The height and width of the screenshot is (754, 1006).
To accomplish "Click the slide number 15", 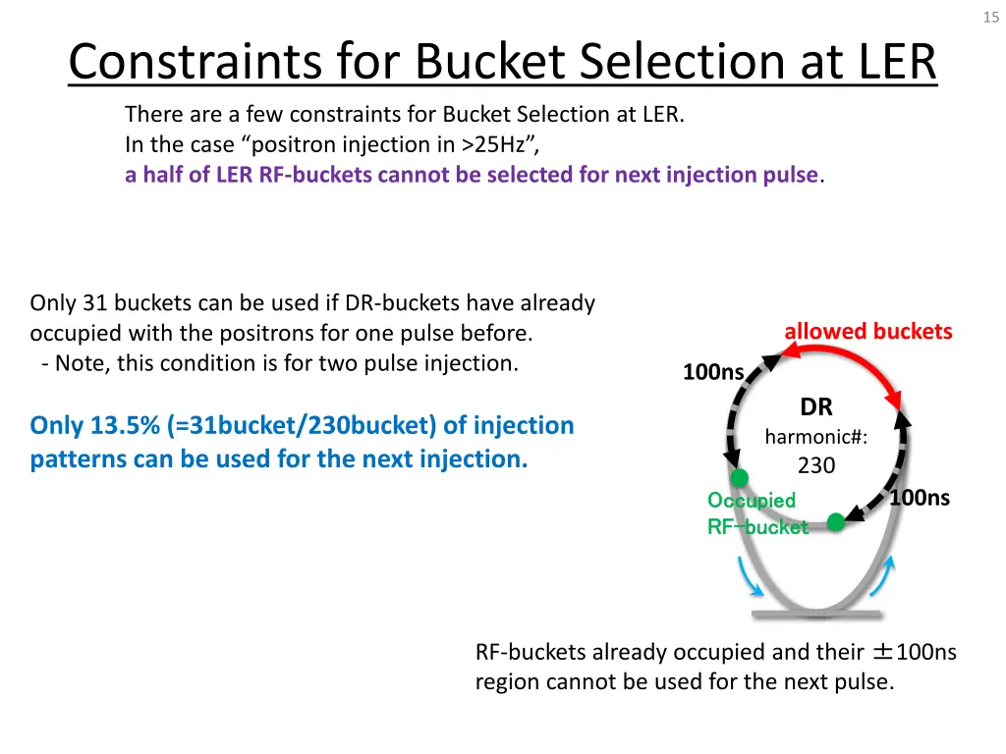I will point(989,17).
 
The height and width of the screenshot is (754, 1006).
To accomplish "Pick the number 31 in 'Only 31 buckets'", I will point(93,303).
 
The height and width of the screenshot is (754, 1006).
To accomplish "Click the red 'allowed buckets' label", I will point(868,332).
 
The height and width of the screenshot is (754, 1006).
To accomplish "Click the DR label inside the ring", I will point(816,407).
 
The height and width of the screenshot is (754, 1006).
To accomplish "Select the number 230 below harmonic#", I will point(816,465).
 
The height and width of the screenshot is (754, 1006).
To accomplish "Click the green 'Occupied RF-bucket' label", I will point(754,513).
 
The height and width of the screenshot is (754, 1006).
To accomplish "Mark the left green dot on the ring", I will point(739,478).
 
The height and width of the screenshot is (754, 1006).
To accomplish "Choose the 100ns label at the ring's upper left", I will point(713,372).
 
